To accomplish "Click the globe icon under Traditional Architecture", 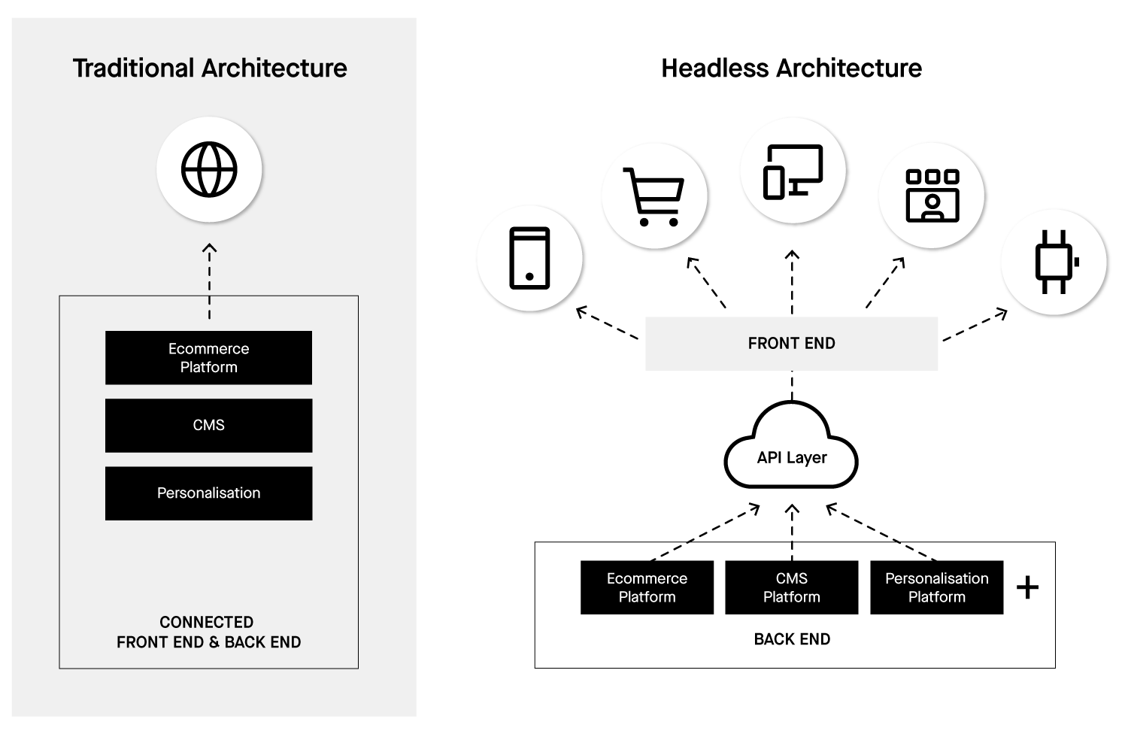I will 209,169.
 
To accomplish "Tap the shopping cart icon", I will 653,196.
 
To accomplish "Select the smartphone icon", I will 529,258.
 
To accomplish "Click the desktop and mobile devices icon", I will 793,171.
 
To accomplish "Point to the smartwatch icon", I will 1054,262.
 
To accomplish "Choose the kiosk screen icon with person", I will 932,196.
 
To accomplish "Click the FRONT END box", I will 791,344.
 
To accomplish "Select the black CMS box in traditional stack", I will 208,426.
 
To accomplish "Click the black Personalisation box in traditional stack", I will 208,493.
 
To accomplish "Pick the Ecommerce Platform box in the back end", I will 647,587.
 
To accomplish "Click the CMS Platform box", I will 791,587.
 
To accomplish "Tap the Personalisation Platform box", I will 936,587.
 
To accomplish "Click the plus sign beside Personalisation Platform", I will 1027,587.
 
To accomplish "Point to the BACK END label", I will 792,639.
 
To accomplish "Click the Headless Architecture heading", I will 791,68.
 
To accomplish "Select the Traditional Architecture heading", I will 210,68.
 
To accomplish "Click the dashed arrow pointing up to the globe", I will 210,280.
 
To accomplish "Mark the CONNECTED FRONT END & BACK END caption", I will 208,632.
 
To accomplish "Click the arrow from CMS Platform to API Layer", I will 792,532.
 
